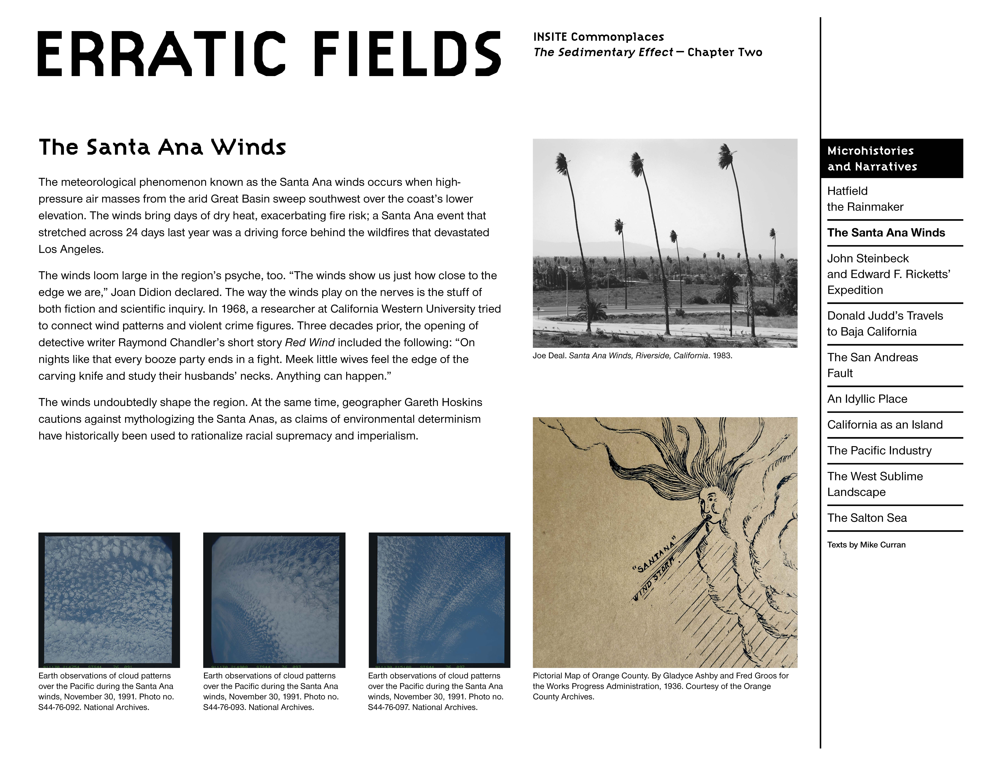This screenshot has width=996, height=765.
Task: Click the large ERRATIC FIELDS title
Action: (269, 54)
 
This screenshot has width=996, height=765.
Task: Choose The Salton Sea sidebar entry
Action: (867, 518)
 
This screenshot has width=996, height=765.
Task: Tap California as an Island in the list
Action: (884, 425)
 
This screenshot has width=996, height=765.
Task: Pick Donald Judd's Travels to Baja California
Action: (884, 324)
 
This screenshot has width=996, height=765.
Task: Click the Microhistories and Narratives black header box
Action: (891, 158)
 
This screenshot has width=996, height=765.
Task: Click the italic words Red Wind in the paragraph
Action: (310, 342)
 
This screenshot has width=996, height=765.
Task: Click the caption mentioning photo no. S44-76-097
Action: (435, 692)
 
